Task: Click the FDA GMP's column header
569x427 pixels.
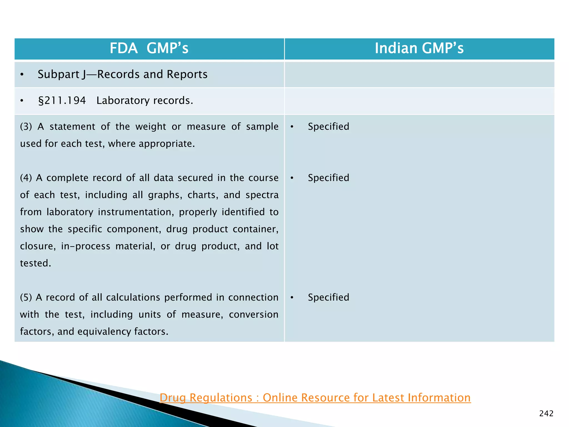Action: (x=149, y=48)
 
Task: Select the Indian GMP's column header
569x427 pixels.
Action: (x=419, y=48)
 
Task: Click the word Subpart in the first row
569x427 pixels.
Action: (x=59, y=75)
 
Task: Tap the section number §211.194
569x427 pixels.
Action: (x=62, y=101)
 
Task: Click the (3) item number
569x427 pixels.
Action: (x=26, y=127)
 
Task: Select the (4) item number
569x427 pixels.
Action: (x=26, y=178)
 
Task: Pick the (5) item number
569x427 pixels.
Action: (x=26, y=297)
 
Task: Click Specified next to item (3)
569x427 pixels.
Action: (x=328, y=127)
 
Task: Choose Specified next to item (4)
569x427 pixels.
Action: (x=328, y=178)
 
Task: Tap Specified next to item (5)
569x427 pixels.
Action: (x=328, y=297)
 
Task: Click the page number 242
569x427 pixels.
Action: (x=546, y=414)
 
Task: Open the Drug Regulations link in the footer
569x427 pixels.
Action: (x=315, y=398)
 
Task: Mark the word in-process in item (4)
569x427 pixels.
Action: (x=86, y=246)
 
